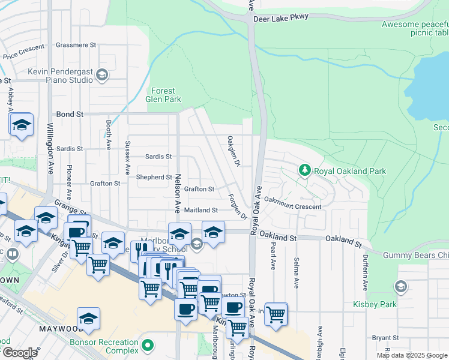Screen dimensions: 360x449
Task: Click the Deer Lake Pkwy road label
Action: point(281,17)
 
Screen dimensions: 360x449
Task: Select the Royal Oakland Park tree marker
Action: point(305,171)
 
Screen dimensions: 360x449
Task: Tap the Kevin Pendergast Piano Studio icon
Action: point(102,75)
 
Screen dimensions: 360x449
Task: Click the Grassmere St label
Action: point(76,45)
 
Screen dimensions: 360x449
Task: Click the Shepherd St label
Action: point(154,178)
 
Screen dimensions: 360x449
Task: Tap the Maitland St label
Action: point(200,211)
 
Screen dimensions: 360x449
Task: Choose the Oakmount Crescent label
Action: point(292,206)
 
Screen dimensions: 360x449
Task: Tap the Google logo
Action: point(19,353)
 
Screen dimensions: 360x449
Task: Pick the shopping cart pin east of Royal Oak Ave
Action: point(276,313)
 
